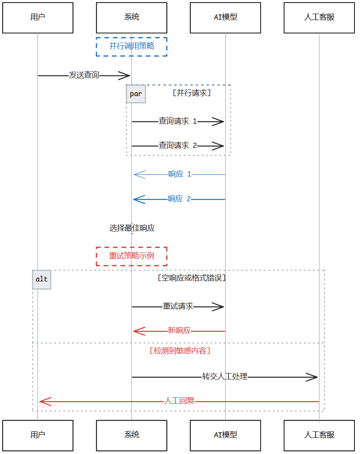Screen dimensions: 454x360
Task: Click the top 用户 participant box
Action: [38, 17]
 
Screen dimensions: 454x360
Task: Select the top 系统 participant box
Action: [131, 17]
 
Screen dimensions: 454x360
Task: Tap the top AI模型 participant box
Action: [225, 17]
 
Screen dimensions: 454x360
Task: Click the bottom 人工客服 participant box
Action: [319, 435]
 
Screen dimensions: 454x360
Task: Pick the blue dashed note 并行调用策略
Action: [131, 46]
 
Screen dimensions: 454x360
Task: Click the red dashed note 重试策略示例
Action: [131, 256]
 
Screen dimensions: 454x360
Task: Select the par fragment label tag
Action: [136, 94]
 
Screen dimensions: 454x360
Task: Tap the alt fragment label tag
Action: [41, 279]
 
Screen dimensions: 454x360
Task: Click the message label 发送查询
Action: [84, 75]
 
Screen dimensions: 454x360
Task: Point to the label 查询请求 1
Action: [177, 121]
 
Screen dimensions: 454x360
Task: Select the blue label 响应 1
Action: [179, 174]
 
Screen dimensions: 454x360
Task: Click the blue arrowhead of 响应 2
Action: [138, 199]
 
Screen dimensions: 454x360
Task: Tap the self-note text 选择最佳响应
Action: [132, 228]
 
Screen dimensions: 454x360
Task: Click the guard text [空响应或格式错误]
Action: [192, 278]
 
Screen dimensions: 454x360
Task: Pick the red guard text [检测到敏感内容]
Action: [180, 351]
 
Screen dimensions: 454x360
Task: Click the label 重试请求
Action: [178, 307]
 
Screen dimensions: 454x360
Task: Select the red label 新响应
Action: [179, 330]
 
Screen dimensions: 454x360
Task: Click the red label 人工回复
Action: [179, 401]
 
